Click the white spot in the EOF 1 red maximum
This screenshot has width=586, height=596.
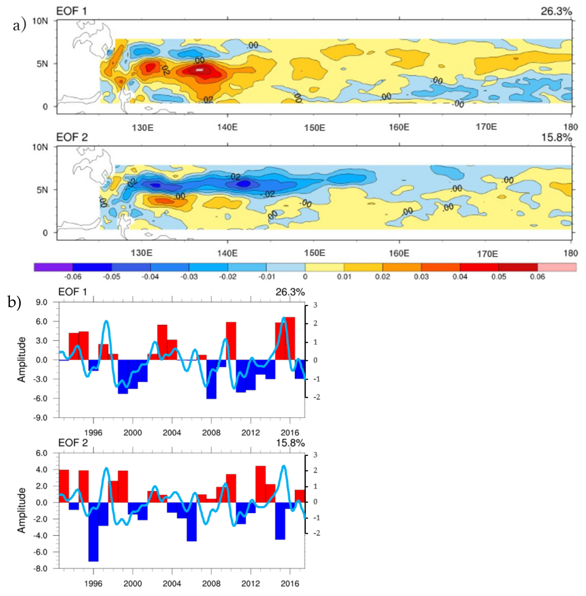pos(200,70)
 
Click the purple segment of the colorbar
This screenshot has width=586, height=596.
pos(53,267)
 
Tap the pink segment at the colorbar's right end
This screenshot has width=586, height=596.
pos(557,267)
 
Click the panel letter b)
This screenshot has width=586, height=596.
pos(14,302)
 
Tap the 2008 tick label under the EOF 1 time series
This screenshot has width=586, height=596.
pos(211,433)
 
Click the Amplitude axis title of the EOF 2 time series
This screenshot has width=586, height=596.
pos(21,511)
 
